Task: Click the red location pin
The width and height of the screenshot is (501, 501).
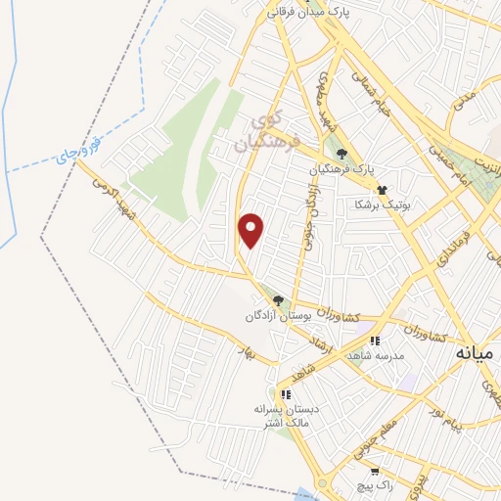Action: click(x=251, y=230)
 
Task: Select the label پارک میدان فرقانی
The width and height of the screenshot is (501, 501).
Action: click(x=310, y=12)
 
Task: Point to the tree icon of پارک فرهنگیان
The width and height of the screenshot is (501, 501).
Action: click(x=342, y=153)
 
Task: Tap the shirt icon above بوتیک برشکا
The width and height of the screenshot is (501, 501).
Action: click(x=382, y=191)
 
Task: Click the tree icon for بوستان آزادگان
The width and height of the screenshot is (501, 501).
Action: click(x=279, y=300)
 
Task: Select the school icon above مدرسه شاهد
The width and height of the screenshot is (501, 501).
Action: click(x=375, y=341)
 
